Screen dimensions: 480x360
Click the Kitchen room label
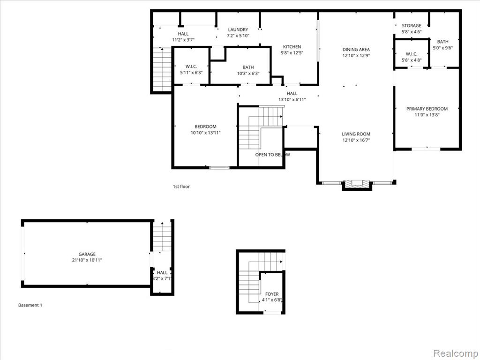[292, 47]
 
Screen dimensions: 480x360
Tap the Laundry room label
[238, 30]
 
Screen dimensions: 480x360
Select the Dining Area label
[356, 49]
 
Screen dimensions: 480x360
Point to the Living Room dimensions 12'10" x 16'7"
[356, 140]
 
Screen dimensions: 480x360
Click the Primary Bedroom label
[427, 109]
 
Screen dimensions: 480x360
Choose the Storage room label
[412, 26]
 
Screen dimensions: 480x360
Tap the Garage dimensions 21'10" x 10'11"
[87, 260]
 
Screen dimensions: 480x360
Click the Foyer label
[272, 294]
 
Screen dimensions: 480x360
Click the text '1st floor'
[181, 187]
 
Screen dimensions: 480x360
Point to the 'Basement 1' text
[30, 305]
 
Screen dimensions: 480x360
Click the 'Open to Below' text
[272, 155]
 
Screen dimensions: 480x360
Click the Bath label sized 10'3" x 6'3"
[248, 67]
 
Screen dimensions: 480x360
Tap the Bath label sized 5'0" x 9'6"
[442, 42]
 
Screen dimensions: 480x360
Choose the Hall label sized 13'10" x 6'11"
[292, 93]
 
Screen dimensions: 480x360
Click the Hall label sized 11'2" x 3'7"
[183, 34]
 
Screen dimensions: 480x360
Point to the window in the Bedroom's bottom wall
[219, 167]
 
